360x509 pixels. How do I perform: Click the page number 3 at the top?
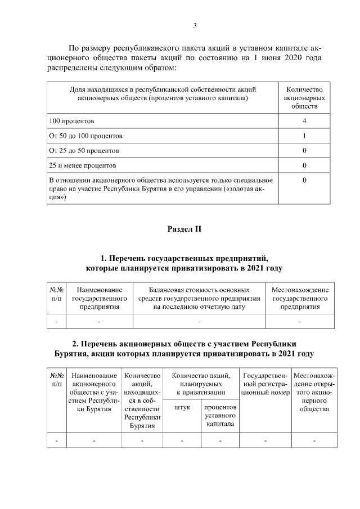pyautogui.click(x=195, y=25)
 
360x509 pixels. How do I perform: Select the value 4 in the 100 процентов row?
pyautogui.click(x=304, y=121)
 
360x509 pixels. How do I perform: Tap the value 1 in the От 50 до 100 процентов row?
pyautogui.click(x=304, y=136)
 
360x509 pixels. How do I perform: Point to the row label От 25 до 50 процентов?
pyautogui.click(x=84, y=151)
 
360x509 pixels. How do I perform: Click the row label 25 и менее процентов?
pyautogui.click(x=83, y=166)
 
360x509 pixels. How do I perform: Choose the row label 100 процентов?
pyautogui.click(x=71, y=121)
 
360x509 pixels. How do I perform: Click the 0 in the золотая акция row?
pyautogui.click(x=304, y=181)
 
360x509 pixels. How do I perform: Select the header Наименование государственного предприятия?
pyautogui.click(x=99, y=298)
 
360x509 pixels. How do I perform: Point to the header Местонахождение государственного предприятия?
pyautogui.click(x=300, y=298)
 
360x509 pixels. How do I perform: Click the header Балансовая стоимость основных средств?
pyautogui.click(x=199, y=298)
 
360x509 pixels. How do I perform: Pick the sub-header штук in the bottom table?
pyautogui.click(x=182, y=407)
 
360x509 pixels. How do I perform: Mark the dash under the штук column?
pyautogui.click(x=182, y=440)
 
